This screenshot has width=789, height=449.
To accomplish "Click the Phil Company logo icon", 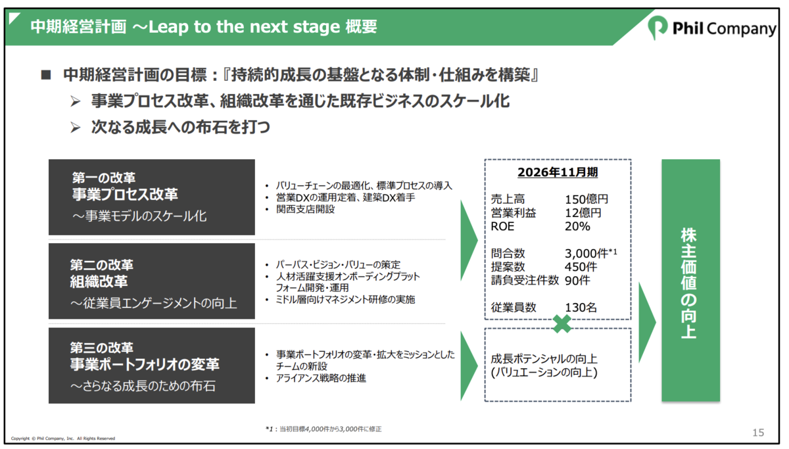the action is click(x=657, y=28).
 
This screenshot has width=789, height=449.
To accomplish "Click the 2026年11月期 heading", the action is click(x=558, y=172).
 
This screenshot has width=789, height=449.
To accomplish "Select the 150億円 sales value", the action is click(x=586, y=199).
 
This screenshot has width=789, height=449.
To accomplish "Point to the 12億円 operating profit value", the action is click(x=583, y=213).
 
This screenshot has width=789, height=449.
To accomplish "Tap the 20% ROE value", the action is click(x=577, y=226).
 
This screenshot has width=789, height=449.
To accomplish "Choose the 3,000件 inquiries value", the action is click(x=586, y=253).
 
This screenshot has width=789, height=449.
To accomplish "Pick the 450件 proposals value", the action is click(x=581, y=267).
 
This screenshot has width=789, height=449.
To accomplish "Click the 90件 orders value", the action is click(x=577, y=280).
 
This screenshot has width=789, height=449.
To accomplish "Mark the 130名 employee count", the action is click(x=581, y=308).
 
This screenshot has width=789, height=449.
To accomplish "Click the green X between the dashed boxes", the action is click(x=562, y=324).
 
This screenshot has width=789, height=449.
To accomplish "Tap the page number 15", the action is click(x=758, y=433).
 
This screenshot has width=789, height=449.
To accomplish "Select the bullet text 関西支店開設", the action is click(x=305, y=209).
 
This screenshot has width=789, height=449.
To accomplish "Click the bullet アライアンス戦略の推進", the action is click(x=321, y=378).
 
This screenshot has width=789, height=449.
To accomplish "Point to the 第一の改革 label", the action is click(x=104, y=178).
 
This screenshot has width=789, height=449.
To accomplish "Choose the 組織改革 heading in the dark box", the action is click(x=99, y=281).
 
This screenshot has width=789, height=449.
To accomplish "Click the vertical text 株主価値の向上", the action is click(x=688, y=283).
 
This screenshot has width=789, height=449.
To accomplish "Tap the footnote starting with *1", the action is click(x=323, y=429).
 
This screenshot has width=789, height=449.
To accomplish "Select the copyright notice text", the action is click(x=63, y=438).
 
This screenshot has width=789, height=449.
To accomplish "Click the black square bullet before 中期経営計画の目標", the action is click(x=46, y=75).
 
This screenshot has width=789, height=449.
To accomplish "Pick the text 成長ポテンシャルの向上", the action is click(x=544, y=359).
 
